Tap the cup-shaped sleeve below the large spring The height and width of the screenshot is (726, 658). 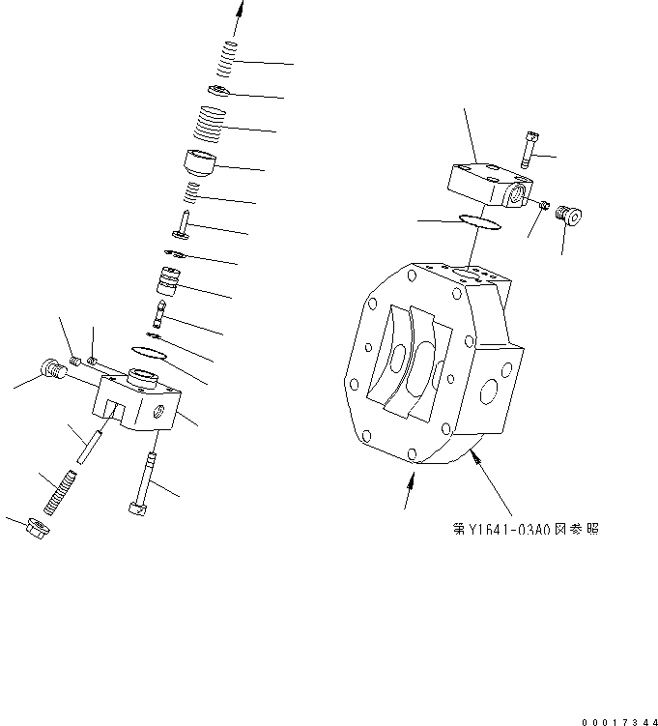tap(201, 161)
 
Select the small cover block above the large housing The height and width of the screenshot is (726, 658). tap(488, 184)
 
